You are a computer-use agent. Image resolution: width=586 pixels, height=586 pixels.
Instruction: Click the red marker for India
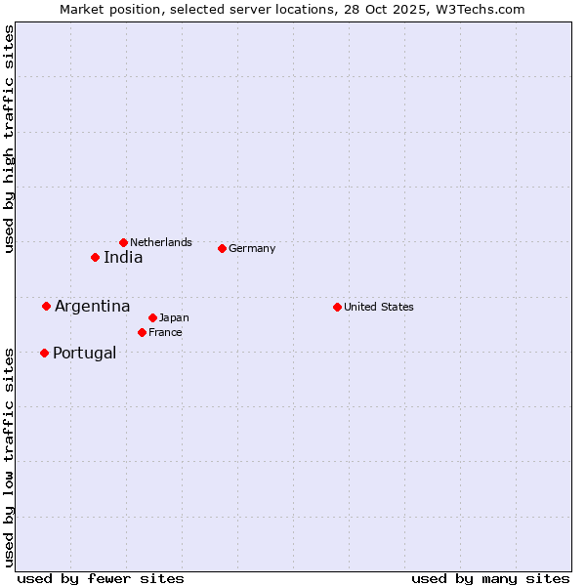click(95, 258)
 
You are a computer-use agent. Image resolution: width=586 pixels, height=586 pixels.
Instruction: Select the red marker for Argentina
click(46, 307)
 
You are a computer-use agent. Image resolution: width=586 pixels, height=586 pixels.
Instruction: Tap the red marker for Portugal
click(44, 354)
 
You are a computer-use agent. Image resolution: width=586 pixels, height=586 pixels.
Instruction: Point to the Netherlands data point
click(123, 242)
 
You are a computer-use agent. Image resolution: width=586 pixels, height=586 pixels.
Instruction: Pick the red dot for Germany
click(222, 248)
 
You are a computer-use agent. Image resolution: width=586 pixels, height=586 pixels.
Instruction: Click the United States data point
click(337, 307)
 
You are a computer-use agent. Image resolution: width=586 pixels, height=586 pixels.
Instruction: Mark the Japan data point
click(152, 317)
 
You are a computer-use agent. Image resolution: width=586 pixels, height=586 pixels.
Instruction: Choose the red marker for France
click(142, 333)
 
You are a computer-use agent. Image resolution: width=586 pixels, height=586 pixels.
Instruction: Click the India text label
click(123, 258)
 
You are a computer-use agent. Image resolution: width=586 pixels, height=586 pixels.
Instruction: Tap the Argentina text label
click(92, 307)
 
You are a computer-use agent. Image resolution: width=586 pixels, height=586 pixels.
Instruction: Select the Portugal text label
click(84, 354)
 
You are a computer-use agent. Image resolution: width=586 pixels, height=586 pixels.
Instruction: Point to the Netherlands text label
click(161, 242)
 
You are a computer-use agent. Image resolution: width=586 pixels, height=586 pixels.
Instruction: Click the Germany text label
click(252, 248)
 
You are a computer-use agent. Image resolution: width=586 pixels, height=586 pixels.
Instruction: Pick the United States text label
click(379, 307)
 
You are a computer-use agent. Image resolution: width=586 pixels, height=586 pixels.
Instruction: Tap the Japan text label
click(174, 317)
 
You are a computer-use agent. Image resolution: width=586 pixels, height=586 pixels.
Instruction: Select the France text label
click(165, 333)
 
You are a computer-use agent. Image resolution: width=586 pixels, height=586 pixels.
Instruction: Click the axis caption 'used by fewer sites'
click(101, 578)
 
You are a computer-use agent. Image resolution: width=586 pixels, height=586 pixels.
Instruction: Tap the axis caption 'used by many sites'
click(490, 578)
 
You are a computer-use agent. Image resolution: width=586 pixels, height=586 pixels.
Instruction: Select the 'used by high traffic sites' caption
click(10, 140)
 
